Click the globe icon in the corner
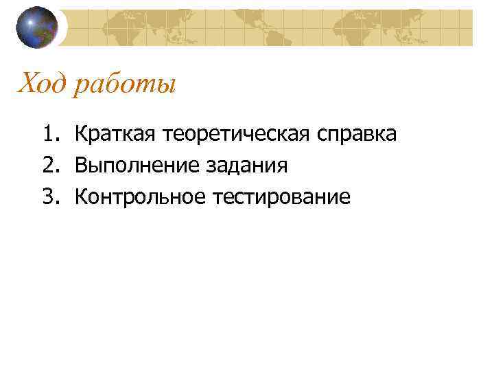(37, 27)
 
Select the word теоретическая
(236, 134)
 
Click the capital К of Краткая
(80, 133)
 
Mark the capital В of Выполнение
(80, 166)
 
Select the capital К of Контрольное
(80, 198)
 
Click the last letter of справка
(391, 135)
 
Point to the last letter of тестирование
(345, 199)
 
